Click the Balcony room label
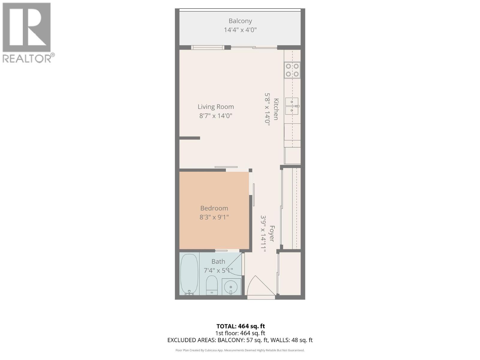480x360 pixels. (240, 21)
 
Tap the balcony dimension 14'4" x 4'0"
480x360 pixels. (240, 30)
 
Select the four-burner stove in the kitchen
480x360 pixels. (292, 70)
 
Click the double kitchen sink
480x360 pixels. (292, 106)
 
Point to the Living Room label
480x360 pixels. (216, 107)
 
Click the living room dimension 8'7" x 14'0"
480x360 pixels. (216, 116)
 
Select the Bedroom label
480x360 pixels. (214, 208)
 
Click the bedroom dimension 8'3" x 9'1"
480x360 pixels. (214, 217)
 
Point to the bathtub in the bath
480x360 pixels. (189, 274)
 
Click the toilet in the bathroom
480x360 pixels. (212, 285)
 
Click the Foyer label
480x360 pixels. (272, 233)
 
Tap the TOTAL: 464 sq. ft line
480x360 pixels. (241, 326)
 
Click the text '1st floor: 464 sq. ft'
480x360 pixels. (240, 333)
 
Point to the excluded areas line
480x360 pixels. (240, 340)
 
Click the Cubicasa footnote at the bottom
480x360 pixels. (240, 350)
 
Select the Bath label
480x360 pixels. (218, 262)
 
